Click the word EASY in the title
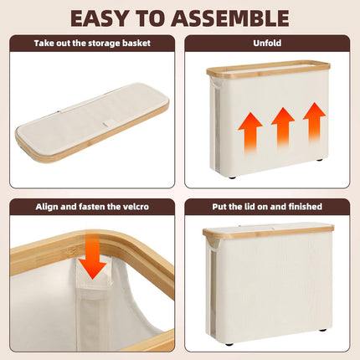102,18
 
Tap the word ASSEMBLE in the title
230,18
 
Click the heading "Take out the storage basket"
92,44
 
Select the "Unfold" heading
267,44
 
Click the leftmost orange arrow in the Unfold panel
250,132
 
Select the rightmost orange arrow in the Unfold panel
315,122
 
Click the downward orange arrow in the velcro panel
92,255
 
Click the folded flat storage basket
92,122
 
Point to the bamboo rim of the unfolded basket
269,69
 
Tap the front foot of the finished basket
229,344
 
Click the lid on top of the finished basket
268,230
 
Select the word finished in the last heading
306,207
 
